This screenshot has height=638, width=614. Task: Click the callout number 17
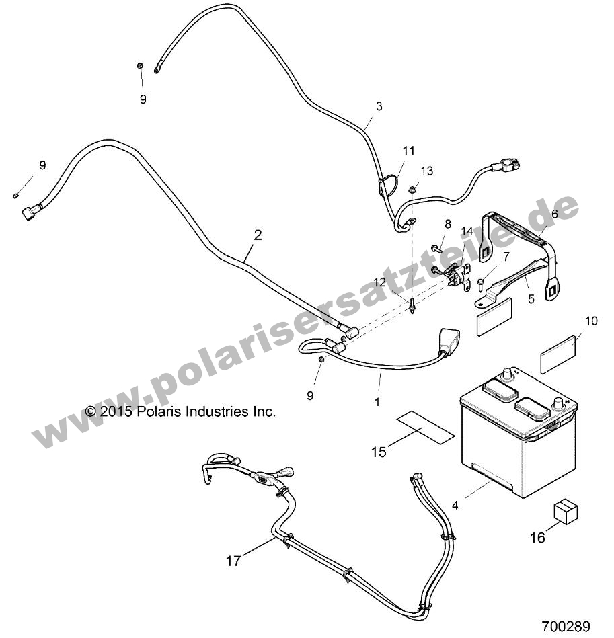tap(233, 561)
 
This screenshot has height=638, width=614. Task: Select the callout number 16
tap(537, 538)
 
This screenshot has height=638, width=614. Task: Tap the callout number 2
tap(258, 235)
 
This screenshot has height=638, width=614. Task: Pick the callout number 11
tap(409, 150)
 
